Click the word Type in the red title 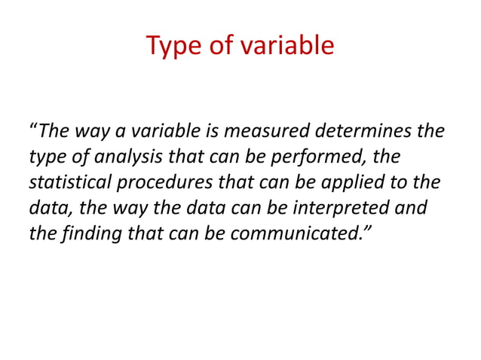(x=172, y=46)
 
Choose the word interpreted (x=347, y=208)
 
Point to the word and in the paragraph (x=412, y=208)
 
